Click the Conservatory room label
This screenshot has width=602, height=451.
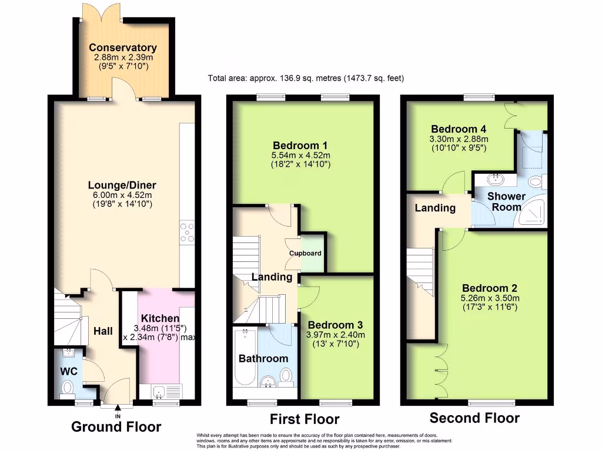click(123, 48)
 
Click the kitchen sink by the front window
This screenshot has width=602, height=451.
click(159, 391)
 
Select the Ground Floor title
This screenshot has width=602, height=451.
click(116, 427)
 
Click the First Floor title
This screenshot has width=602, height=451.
click(305, 419)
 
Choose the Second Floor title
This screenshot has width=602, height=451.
click(474, 418)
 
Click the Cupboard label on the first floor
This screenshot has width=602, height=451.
click(305, 253)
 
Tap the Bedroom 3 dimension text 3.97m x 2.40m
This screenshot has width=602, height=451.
click(336, 335)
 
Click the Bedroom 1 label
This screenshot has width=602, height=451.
click(300, 145)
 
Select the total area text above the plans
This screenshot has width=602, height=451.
click(306, 78)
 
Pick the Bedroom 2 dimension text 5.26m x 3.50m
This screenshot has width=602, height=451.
click(489, 298)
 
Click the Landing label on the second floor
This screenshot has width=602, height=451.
click(435, 208)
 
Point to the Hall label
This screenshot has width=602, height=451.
click(103, 331)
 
